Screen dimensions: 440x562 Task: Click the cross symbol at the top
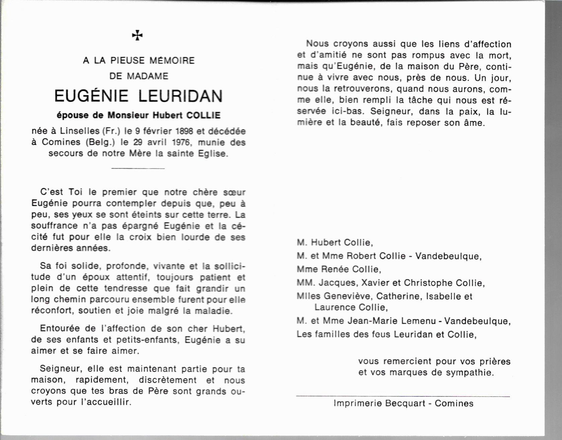coord(137,35)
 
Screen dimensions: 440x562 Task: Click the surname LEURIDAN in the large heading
coord(180,96)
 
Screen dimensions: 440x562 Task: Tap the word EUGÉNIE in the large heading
coord(91,96)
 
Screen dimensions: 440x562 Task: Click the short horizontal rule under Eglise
coord(138,168)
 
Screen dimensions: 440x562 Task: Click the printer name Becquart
coord(405,403)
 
